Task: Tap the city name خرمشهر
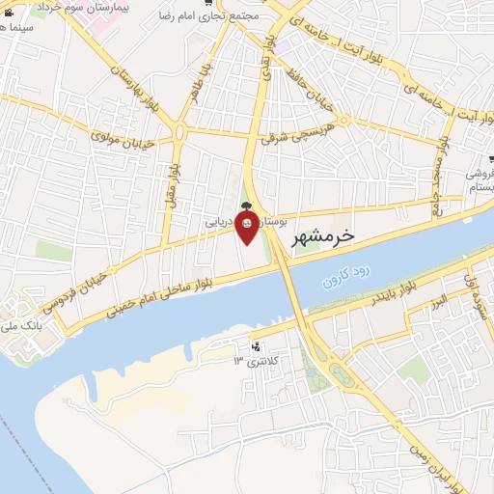[x=322, y=235]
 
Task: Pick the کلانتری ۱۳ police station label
[x=253, y=361]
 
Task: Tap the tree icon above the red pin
[x=247, y=205]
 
